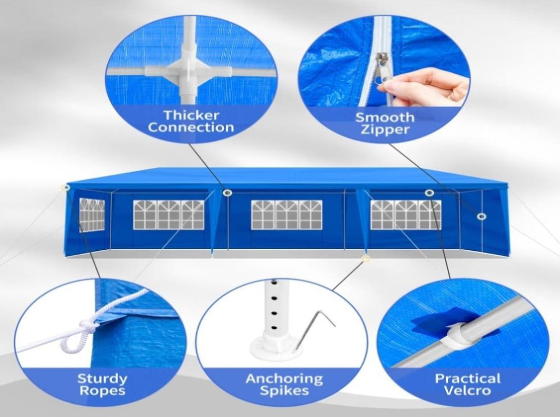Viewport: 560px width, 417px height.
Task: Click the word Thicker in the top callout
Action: [191, 115]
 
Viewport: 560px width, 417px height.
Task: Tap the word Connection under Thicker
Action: [191, 127]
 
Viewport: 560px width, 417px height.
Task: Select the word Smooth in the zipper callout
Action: [384, 117]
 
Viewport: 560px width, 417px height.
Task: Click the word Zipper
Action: [384, 129]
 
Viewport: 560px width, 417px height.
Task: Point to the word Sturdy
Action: [102, 378]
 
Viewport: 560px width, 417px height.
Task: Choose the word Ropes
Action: [102, 390]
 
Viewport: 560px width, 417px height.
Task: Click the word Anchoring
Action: [284, 379]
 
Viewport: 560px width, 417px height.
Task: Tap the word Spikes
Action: [284, 391]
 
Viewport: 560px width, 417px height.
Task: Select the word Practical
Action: [468, 378]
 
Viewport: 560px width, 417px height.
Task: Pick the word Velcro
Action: [468, 390]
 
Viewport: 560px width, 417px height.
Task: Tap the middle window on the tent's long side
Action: [287, 215]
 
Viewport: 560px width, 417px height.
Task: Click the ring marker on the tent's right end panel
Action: [481, 216]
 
